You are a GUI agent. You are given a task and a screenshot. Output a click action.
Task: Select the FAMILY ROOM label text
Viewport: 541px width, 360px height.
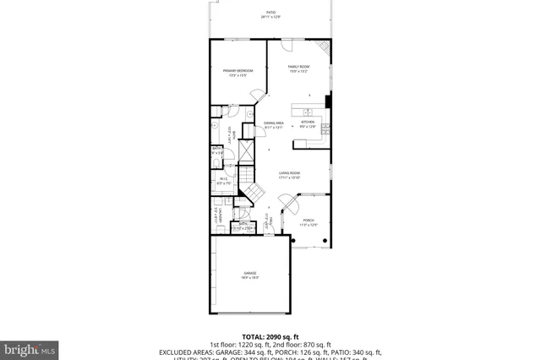coord(298,68)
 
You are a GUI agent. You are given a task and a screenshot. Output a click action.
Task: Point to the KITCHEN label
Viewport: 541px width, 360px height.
coord(308,123)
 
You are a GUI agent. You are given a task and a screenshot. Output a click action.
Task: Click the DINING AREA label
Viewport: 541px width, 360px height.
coord(272,124)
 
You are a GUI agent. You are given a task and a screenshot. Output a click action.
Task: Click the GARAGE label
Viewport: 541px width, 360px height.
coord(250,275)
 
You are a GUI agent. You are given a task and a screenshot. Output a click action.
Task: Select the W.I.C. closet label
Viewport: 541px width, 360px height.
coord(223,180)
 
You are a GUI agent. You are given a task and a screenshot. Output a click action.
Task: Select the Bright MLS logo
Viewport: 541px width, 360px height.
coord(30,347)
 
